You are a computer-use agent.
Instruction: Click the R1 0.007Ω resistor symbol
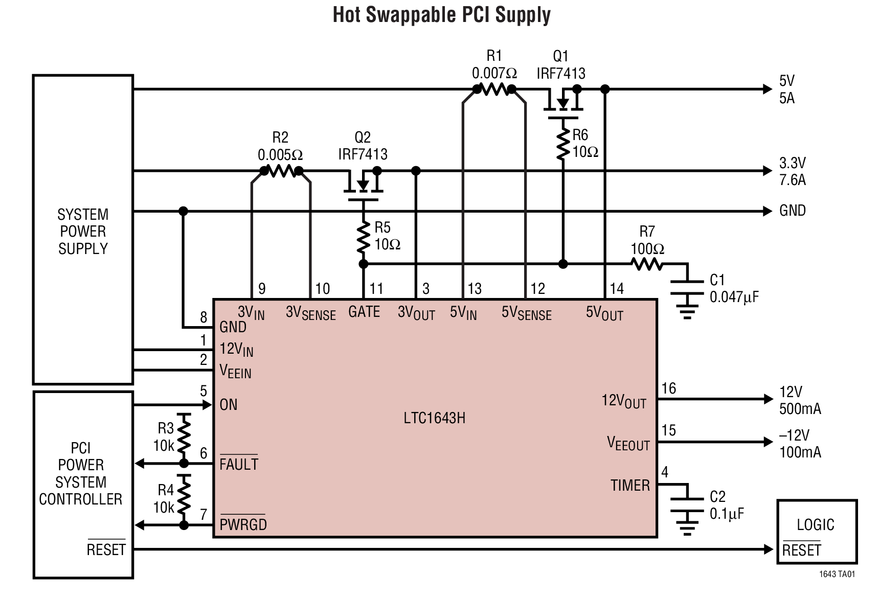click(x=494, y=89)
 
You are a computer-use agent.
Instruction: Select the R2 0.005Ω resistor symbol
click(x=281, y=171)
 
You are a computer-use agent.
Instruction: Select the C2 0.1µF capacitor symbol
click(x=687, y=504)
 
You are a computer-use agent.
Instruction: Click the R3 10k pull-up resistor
click(x=184, y=437)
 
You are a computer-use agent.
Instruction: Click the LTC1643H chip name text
click(x=434, y=418)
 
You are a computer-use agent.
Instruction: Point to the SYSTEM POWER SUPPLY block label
click(x=83, y=232)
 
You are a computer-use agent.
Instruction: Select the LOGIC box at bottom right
click(x=816, y=532)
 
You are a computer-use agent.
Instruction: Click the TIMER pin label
click(x=630, y=486)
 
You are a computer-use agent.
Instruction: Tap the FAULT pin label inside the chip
click(x=239, y=464)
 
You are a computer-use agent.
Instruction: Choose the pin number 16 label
click(x=668, y=388)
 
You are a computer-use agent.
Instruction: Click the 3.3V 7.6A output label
click(x=792, y=171)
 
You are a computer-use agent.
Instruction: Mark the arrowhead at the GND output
click(x=767, y=211)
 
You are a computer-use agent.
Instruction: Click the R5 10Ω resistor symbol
click(x=363, y=236)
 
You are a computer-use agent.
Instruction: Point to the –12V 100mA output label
click(x=799, y=444)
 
